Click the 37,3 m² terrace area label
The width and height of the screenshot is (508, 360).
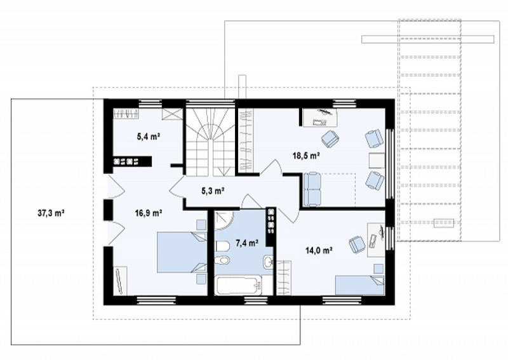click(x=51, y=213)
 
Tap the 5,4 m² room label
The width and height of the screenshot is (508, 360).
click(x=149, y=137)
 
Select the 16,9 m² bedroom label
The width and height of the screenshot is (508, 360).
click(x=149, y=213)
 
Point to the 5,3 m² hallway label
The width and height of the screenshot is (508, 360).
click(x=213, y=191)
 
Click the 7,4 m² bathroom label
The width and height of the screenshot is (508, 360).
click(x=247, y=243)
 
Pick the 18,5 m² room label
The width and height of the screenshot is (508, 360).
click(x=306, y=156)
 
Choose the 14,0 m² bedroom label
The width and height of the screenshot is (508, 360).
click(x=319, y=250)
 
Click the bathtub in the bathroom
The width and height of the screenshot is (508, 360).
click(x=239, y=286)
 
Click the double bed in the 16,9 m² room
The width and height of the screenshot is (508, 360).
click(x=182, y=253)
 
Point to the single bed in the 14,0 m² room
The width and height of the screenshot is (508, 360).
click(x=359, y=285)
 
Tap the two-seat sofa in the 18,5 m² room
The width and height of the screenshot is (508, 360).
click(x=312, y=189)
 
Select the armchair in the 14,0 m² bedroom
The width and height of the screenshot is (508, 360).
click(x=357, y=244)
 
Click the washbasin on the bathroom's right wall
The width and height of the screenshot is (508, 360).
click(x=268, y=262)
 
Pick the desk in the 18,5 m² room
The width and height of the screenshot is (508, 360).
click(x=320, y=117)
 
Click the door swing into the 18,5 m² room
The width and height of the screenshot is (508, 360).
click(x=271, y=168)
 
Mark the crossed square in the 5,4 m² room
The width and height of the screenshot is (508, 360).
click(x=172, y=114)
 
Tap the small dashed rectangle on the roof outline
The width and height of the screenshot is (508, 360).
click(x=443, y=223)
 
